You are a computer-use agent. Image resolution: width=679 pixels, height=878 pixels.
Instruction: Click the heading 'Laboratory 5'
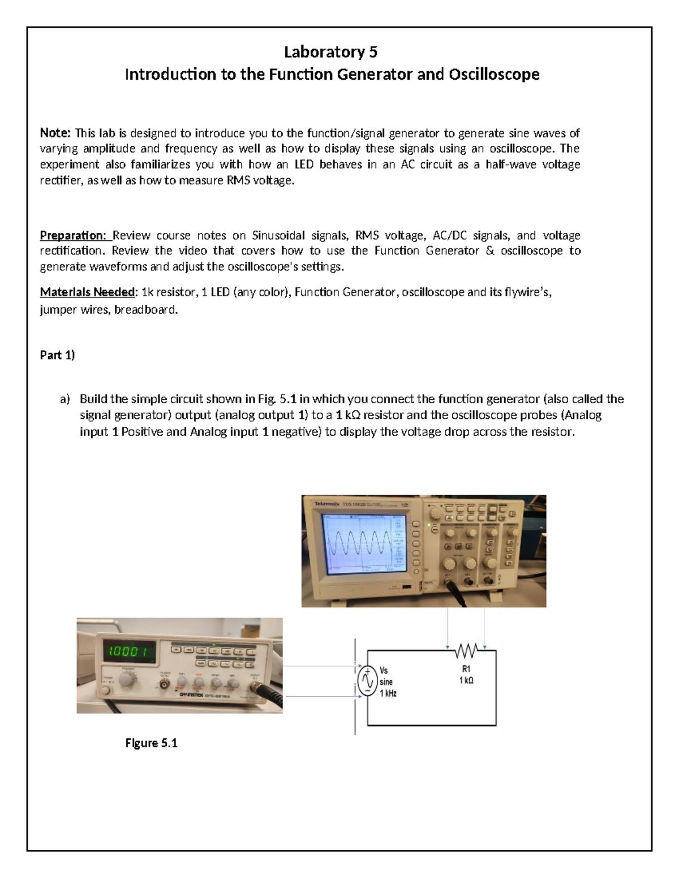click(x=331, y=52)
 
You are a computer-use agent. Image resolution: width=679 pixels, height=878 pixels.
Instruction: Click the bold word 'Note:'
click(x=55, y=133)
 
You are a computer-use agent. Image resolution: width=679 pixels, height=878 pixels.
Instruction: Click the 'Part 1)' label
click(x=57, y=355)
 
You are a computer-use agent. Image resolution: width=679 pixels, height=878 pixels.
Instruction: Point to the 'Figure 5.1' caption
click(x=151, y=743)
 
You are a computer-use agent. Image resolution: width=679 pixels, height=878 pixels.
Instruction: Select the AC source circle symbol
click(x=367, y=681)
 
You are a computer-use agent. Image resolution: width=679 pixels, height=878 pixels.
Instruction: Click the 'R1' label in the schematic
click(x=466, y=669)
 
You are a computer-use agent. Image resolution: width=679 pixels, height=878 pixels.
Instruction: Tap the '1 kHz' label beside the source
click(x=388, y=693)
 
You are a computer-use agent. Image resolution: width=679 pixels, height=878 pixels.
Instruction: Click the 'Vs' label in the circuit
click(x=384, y=671)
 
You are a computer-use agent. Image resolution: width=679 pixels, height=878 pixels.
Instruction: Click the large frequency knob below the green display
click(x=128, y=680)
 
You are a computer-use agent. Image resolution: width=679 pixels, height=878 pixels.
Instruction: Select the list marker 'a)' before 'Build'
click(x=65, y=399)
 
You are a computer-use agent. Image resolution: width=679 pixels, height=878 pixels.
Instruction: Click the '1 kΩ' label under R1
click(x=466, y=681)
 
